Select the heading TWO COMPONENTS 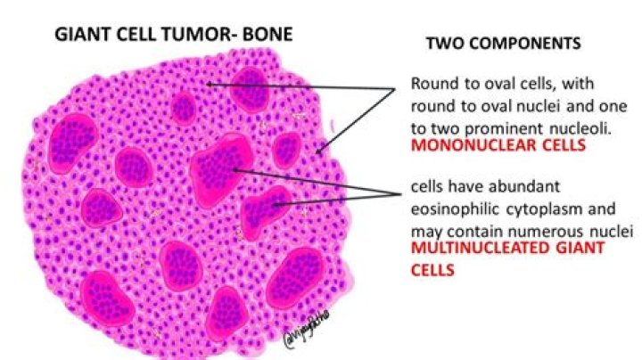coord(503,43)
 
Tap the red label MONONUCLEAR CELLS coord(498,146)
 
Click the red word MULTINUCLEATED coord(478,248)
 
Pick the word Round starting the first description coord(430,84)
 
